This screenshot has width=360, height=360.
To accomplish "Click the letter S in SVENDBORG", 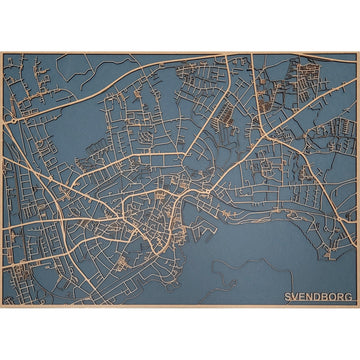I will click(x=288, y=297).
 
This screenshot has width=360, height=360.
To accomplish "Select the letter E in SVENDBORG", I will click(x=303, y=297).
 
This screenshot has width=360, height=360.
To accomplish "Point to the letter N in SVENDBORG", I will click(x=311, y=297).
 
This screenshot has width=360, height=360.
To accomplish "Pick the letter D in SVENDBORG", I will click(x=319, y=297).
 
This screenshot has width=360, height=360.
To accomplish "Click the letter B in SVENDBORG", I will click(x=327, y=297).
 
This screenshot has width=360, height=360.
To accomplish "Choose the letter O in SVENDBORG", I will click(x=335, y=297).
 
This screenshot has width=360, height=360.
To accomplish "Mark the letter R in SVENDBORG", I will click(x=343, y=297).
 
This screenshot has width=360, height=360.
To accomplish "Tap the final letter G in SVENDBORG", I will click(x=351, y=297).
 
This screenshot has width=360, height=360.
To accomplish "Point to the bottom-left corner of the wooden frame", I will click(x=1, y=306).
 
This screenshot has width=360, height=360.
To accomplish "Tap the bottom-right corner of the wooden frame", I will click(x=358, y=306).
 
